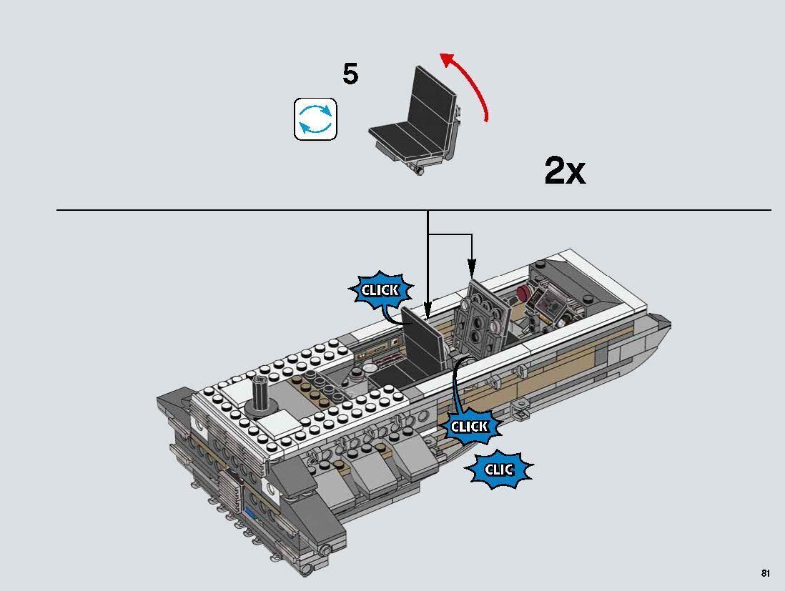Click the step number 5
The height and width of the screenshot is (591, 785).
pyautogui.click(x=350, y=74)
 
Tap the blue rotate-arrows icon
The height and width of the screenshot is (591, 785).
pyautogui.click(x=315, y=119)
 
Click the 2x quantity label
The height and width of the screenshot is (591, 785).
pyautogui.click(x=564, y=171)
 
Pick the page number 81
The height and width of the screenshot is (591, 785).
pyautogui.click(x=765, y=573)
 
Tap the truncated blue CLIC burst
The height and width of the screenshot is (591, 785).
pyautogui.click(x=499, y=470)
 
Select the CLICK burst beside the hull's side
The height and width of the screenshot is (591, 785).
pyautogui.click(x=469, y=427)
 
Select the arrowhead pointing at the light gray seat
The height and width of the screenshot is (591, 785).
pyautogui.click(x=472, y=272)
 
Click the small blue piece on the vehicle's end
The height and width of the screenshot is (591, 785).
pyautogui.click(x=249, y=514)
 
